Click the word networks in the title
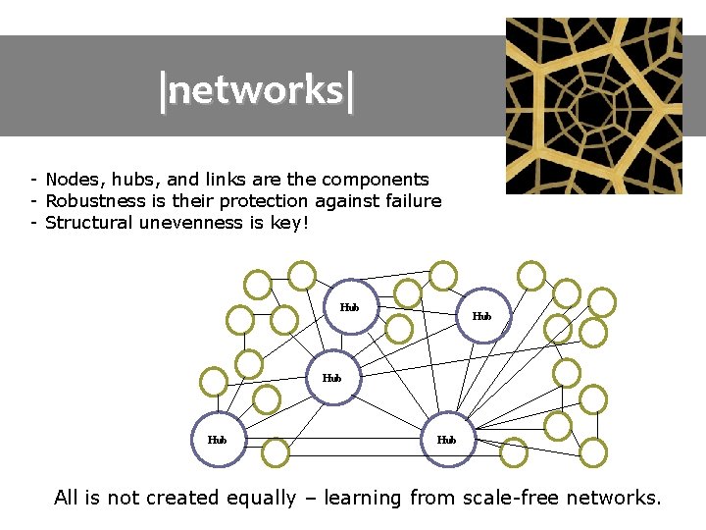[257, 89]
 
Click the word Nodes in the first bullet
[73, 180]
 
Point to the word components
[376, 180]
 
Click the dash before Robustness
[33, 201]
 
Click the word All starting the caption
[66, 498]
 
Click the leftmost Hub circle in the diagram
[218, 441]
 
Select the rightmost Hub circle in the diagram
[481, 316]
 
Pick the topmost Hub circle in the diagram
[349, 307]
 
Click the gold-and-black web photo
[593, 105]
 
